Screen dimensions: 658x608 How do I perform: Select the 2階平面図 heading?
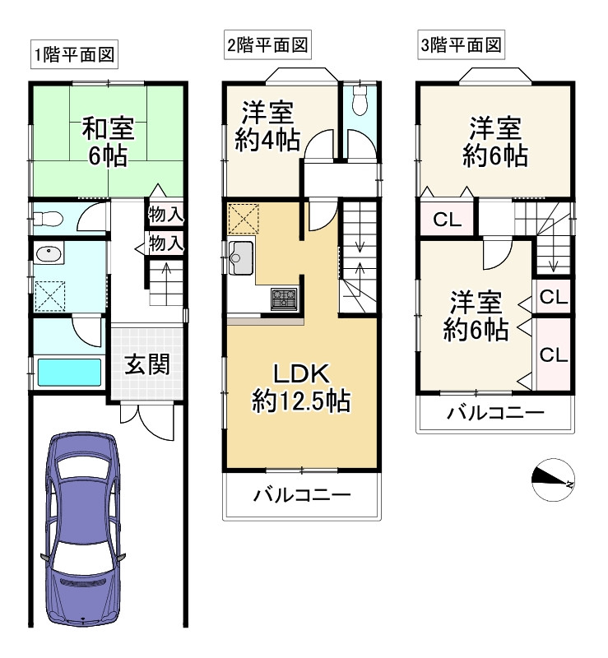[267, 45]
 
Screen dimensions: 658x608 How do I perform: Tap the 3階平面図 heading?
[461, 45]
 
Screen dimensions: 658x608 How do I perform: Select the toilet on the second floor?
[358, 104]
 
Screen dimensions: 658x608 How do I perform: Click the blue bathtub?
[69, 373]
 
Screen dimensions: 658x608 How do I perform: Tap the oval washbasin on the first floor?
[49, 254]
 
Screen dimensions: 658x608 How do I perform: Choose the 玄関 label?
[147, 364]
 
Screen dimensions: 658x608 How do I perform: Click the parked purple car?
[83, 526]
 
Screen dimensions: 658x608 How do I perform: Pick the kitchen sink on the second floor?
[243, 257]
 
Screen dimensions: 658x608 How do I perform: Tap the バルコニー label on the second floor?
[302, 496]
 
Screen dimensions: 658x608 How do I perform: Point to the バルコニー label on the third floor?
[495, 413]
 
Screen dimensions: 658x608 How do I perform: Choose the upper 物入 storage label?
[165, 215]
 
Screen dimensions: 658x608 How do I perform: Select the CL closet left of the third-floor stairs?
[446, 220]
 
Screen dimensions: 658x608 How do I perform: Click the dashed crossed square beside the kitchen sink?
[243, 218]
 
